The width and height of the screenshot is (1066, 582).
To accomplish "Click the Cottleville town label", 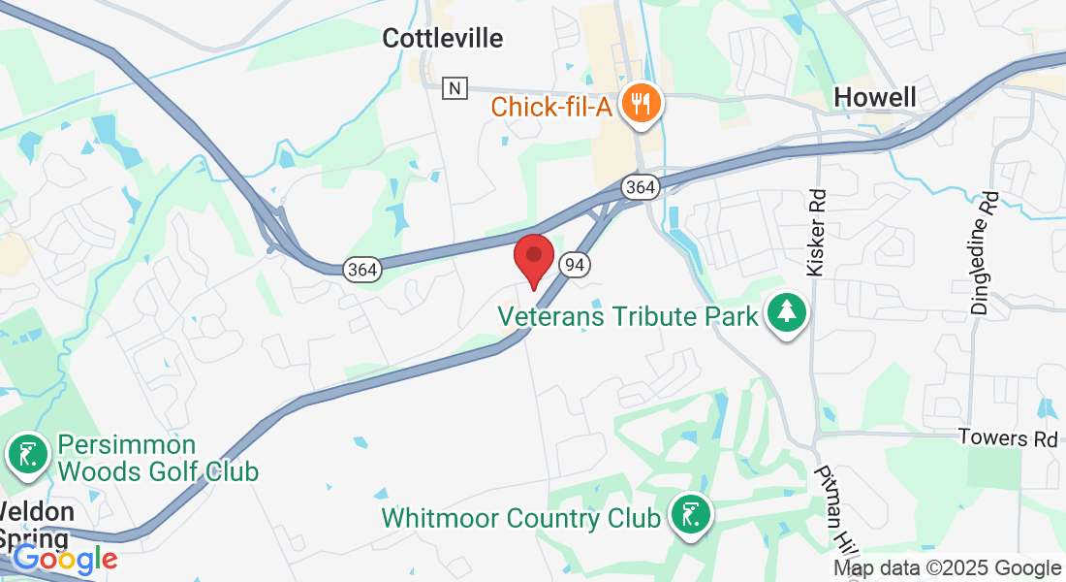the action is [x=443, y=38].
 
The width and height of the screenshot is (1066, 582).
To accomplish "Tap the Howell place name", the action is [x=875, y=97].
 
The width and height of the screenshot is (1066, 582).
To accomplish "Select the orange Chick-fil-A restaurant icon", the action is [x=641, y=102].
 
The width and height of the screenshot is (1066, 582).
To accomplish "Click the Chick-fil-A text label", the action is [x=551, y=106].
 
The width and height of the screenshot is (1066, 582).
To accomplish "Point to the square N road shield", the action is [x=454, y=88].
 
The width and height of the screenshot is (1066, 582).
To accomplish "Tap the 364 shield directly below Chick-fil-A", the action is [x=639, y=186].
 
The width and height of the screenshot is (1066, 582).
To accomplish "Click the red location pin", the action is [x=533, y=258].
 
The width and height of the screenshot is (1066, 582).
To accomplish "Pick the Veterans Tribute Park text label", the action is [x=628, y=317].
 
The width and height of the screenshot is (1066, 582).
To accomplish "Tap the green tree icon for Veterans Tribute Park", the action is [x=788, y=313].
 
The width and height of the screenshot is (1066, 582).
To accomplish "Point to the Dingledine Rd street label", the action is [x=984, y=252].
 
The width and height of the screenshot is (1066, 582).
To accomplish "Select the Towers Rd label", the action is [x=1008, y=437].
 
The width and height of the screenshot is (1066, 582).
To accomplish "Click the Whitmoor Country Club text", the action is [x=521, y=517].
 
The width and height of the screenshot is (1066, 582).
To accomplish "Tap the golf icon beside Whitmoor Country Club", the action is [x=689, y=514].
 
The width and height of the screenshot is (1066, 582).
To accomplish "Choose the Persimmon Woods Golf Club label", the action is [x=157, y=459].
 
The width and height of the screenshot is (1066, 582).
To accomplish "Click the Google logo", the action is [x=65, y=559].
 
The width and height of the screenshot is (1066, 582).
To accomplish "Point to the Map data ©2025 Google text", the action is [x=947, y=568].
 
